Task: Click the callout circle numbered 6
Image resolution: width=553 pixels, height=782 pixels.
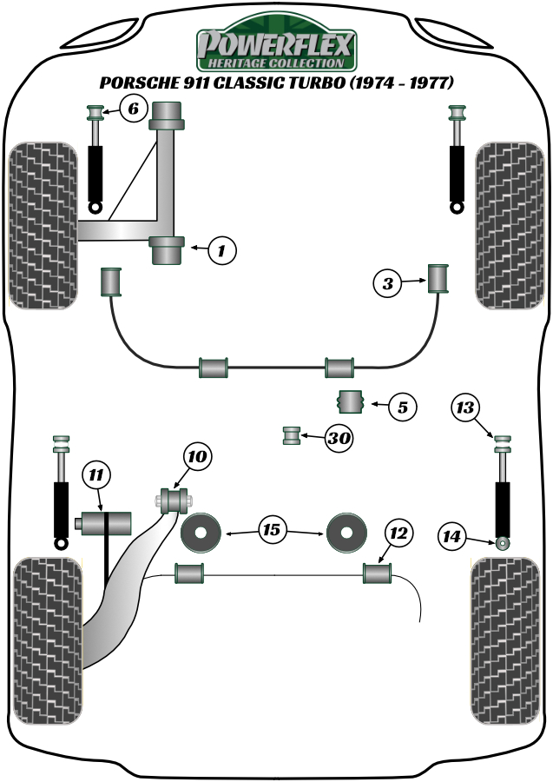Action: [132, 109]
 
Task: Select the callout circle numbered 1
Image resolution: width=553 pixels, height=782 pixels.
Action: [221, 251]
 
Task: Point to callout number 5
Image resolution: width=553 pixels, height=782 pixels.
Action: [402, 405]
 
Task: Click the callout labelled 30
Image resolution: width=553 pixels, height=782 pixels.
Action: [339, 439]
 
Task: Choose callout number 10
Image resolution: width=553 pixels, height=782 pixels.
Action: [197, 457]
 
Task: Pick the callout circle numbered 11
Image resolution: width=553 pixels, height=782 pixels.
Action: [96, 474]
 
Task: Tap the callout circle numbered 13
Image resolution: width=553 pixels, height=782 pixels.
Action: [466, 407]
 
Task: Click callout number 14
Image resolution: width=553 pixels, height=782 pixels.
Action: [451, 537]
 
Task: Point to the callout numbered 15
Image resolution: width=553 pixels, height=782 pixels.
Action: [273, 528]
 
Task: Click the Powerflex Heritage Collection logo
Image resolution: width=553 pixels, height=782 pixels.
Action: [276, 50]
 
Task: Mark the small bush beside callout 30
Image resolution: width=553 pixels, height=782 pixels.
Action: [293, 434]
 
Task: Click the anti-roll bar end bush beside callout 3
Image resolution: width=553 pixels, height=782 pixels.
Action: [438, 278]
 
